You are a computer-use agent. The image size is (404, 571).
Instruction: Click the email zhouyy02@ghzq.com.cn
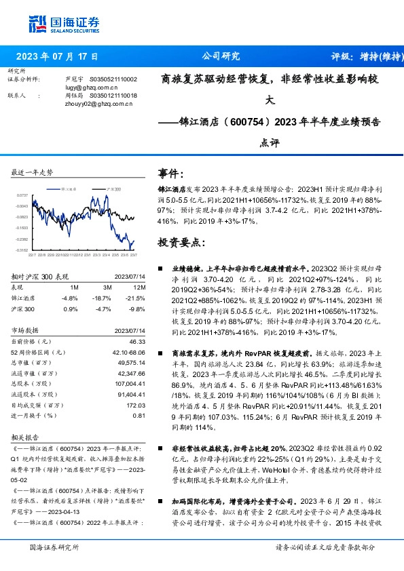click(x=91, y=104)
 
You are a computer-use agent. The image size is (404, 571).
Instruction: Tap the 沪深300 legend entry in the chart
click(x=113, y=189)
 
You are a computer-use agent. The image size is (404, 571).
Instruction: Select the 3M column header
click(x=103, y=287)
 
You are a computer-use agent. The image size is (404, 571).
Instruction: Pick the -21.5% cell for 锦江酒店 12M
click(x=135, y=298)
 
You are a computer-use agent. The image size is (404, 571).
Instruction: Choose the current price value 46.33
click(x=136, y=342)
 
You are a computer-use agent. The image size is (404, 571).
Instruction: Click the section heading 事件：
click(x=170, y=173)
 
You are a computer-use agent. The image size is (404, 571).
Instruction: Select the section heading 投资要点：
click(x=180, y=241)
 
